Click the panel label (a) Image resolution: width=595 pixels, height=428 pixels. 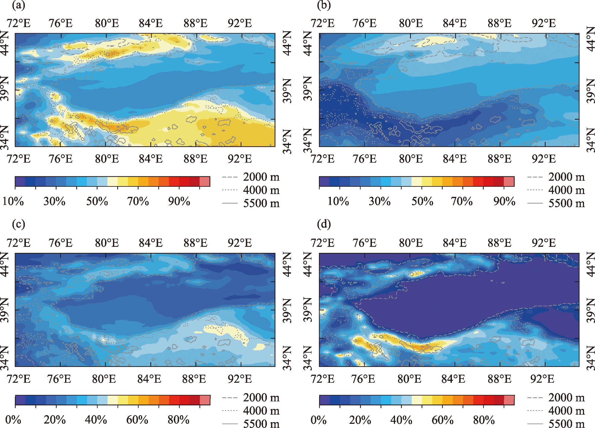pos(18,5)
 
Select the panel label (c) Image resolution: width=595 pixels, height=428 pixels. pos(18,224)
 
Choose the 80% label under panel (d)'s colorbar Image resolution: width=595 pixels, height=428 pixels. pos(483,420)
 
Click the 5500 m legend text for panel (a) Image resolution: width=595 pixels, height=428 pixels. pos(261,203)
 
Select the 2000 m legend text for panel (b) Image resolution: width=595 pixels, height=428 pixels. pos(566,177)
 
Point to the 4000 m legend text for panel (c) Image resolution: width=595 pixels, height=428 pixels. pos(261,411)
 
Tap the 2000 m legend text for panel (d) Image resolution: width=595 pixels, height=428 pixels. pos(566,398)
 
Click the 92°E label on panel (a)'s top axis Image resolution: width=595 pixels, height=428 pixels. pos(240,23)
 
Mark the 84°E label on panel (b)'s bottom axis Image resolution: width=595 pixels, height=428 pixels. pos(455,159)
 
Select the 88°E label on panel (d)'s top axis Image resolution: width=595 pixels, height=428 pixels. pos(500,243)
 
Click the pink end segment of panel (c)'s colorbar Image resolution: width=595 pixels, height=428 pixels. pos(205,400)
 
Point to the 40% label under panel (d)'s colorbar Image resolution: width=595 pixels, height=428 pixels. pos(401,420)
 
